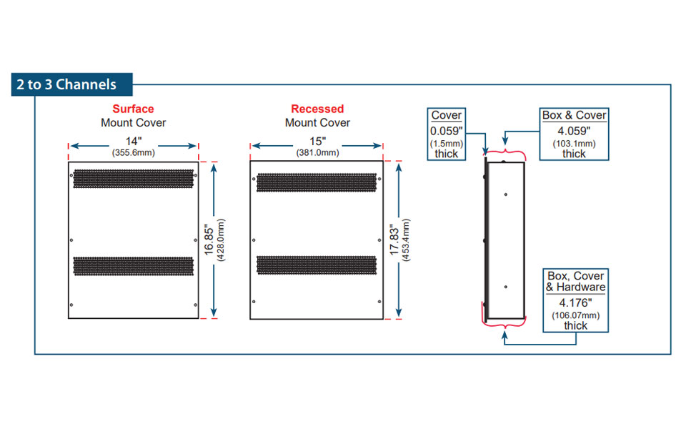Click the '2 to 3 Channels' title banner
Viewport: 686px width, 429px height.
coord(66,84)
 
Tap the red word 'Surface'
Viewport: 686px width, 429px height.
coord(133,109)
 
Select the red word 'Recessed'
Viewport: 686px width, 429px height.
coord(317,109)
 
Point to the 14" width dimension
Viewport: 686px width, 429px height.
coord(133,142)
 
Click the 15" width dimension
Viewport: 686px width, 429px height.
coord(317,142)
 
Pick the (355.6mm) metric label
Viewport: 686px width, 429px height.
coord(133,152)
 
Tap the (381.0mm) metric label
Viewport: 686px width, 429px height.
coord(317,152)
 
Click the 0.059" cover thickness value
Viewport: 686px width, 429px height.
coord(447,131)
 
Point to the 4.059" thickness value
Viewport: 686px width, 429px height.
coord(574,131)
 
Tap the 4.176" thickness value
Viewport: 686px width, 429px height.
coord(575,302)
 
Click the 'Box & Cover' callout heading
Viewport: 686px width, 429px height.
coord(574,115)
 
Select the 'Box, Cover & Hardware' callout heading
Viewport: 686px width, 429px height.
coord(575,281)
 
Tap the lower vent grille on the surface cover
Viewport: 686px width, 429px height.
coord(133,266)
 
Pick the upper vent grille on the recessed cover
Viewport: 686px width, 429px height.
coord(317,182)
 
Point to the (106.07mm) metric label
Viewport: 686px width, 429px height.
coord(575,315)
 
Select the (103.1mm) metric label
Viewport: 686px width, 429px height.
coord(574,143)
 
